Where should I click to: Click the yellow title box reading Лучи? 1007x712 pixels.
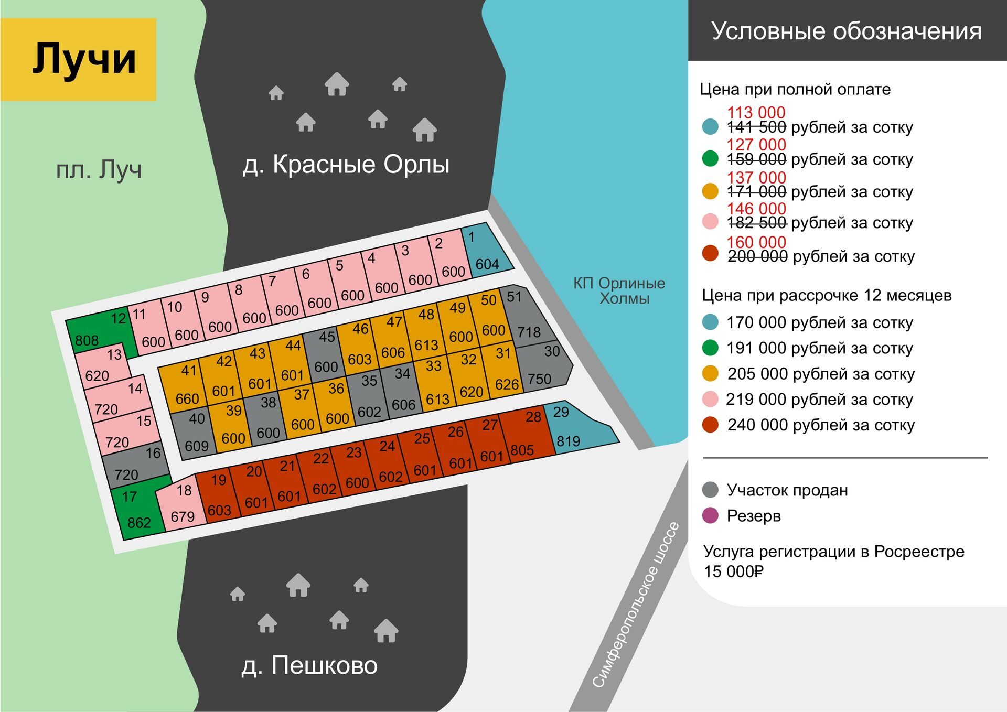78,59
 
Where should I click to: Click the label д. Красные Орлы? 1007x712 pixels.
346,164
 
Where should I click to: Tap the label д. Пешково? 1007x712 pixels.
309,665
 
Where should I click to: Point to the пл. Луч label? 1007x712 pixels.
99,170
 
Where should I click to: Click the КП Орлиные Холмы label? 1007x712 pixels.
619,290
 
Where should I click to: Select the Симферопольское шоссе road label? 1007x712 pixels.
636,605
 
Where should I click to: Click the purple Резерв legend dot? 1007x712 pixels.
710,516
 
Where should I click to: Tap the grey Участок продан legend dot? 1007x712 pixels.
710,490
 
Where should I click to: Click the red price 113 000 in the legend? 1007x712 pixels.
756,112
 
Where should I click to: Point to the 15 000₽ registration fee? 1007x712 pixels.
733,571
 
